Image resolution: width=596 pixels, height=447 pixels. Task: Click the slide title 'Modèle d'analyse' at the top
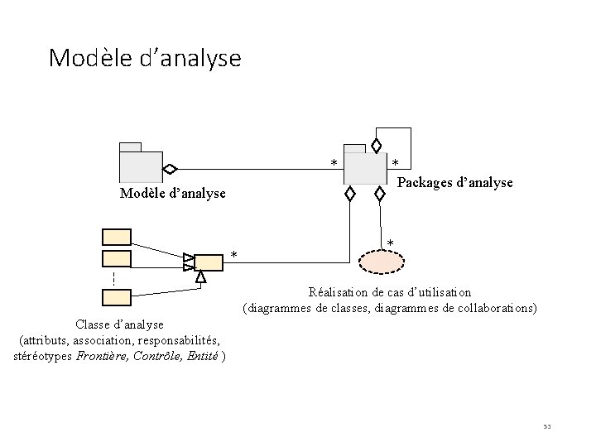(x=145, y=58)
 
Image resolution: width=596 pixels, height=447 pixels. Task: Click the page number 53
(x=546, y=426)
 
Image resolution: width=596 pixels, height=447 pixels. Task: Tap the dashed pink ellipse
(x=382, y=261)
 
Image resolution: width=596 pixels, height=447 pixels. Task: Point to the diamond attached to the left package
(x=170, y=169)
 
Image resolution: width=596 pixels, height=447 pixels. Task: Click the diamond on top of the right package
(x=377, y=146)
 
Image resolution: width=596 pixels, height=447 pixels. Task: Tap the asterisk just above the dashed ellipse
(x=391, y=243)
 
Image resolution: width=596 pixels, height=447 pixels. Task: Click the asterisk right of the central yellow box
(x=234, y=254)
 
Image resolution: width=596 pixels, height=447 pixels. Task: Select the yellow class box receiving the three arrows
(x=209, y=262)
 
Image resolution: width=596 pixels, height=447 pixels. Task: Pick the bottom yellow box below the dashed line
(x=117, y=296)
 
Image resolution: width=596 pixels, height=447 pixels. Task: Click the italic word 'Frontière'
(x=103, y=356)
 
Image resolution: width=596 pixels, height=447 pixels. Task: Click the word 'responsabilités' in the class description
(x=178, y=340)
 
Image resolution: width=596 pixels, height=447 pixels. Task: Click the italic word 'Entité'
(x=203, y=356)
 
